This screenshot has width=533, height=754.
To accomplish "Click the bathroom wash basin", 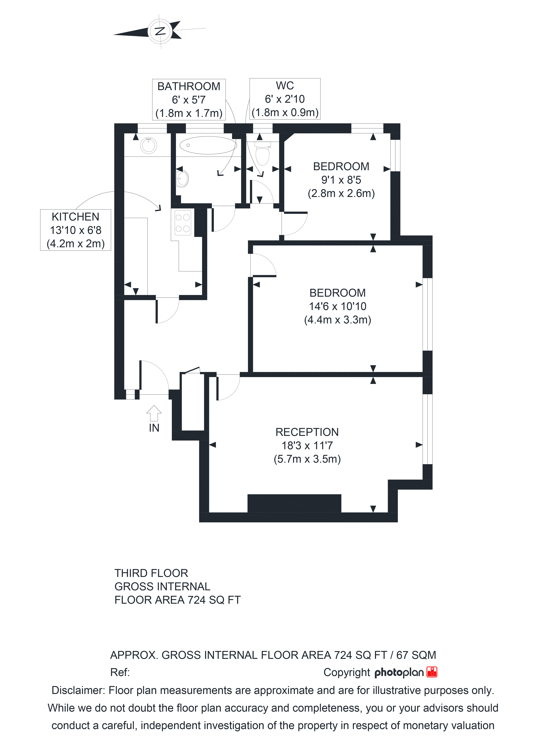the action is tap(182, 178).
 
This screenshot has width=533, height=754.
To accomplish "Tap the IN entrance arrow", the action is tap(154, 413).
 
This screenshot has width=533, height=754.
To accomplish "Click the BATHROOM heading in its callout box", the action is tap(189, 86).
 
